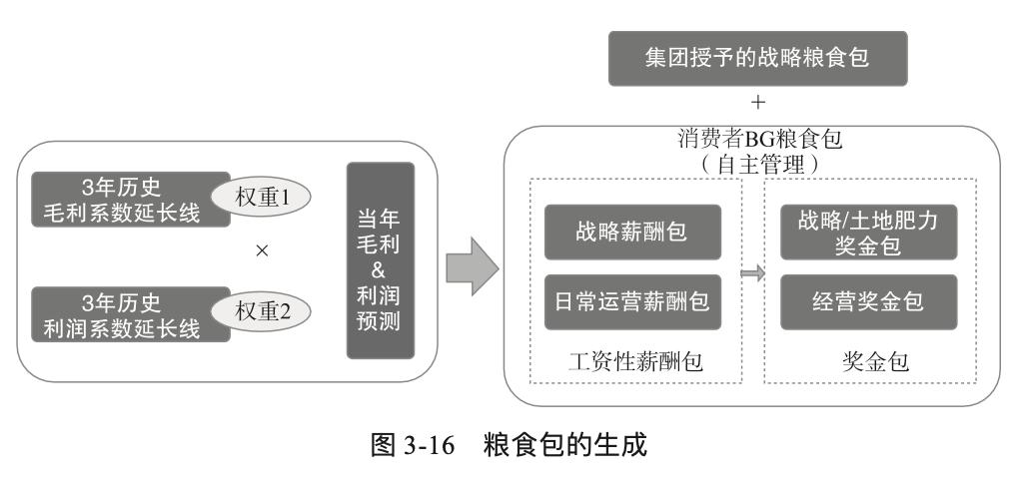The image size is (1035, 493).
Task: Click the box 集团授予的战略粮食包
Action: point(756,59)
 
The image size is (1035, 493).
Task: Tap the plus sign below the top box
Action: point(758,103)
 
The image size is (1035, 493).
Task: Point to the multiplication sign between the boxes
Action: point(262,251)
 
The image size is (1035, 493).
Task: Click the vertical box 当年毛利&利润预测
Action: point(380,260)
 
